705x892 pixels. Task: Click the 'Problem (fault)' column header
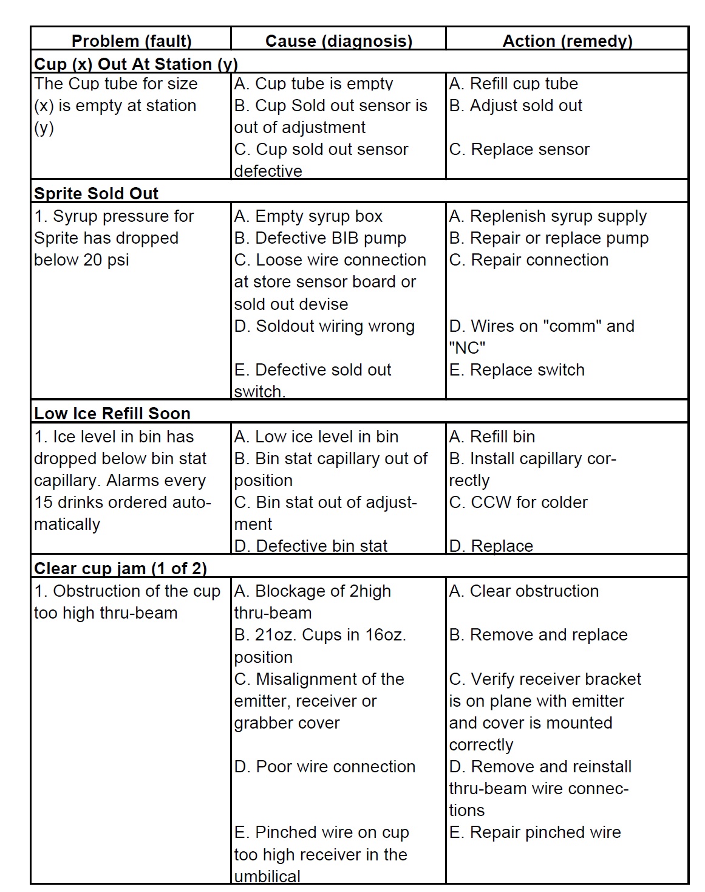[131, 41]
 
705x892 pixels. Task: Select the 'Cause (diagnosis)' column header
[338, 41]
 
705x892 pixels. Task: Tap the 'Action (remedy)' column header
[567, 41]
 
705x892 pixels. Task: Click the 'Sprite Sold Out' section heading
[96, 193]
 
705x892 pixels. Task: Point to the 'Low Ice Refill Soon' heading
[112, 413]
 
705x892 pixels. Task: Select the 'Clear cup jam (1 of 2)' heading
[120, 568]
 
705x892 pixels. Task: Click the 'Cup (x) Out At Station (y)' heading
[136, 64]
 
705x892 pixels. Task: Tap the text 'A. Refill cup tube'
[513, 83]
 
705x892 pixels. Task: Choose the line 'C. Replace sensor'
[519, 149]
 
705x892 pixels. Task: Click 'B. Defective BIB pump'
[320, 238]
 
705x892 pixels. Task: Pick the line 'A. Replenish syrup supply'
[548, 216]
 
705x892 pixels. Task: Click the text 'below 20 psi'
[81, 259]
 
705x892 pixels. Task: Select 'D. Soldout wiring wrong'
[324, 326]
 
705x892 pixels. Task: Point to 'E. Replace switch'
[517, 369]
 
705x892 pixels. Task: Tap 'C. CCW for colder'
[518, 502]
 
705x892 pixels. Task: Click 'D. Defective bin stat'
[311, 546]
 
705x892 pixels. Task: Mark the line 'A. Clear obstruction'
[523, 591]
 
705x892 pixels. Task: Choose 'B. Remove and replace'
[538, 634]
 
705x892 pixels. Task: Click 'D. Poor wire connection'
[325, 766]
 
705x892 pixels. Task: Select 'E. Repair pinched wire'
[535, 832]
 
